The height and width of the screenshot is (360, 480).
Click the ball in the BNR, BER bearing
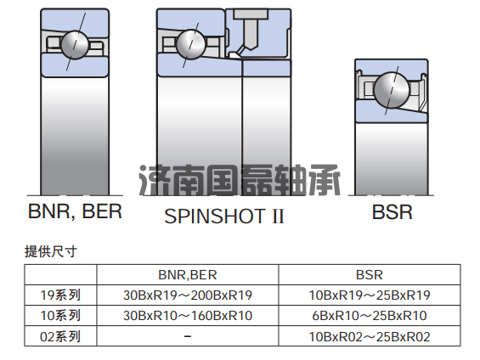(x=75, y=45)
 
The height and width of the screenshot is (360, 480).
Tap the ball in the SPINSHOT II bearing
(x=190, y=44)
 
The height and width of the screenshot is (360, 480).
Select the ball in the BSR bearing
(x=392, y=90)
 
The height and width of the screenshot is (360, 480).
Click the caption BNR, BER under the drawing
(x=75, y=211)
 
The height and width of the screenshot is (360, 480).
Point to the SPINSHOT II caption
(x=224, y=216)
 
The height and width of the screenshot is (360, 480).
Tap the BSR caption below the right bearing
(x=392, y=212)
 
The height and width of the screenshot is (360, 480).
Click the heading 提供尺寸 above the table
(x=50, y=251)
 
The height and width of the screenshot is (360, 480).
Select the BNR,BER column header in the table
(x=188, y=274)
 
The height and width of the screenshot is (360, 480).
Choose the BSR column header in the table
(x=370, y=274)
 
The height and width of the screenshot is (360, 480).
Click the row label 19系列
(x=60, y=295)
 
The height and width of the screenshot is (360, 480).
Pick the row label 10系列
(x=60, y=315)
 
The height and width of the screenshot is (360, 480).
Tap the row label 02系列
(x=60, y=336)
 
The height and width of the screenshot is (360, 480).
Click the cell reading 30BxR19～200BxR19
(x=188, y=295)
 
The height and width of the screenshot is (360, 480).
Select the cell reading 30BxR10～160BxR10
(x=188, y=315)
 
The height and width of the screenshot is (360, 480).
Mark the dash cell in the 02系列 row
(x=188, y=336)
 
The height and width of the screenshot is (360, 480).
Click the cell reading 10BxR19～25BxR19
(x=370, y=295)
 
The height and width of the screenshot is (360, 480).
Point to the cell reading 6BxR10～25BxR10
(x=370, y=315)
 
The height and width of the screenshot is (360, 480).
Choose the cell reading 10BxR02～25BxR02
(x=370, y=336)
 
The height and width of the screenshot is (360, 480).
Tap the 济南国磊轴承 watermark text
(x=240, y=180)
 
